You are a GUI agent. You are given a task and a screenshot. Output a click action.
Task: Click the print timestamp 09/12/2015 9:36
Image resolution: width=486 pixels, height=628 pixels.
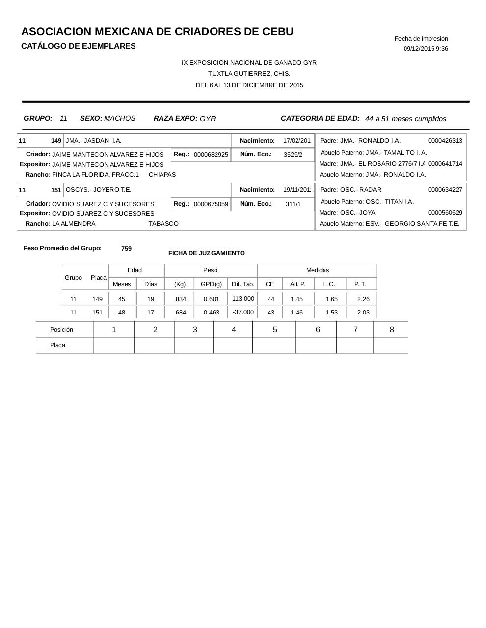point(426,49)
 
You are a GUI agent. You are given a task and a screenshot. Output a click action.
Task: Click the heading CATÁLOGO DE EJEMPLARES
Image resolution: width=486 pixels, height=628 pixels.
point(79,46)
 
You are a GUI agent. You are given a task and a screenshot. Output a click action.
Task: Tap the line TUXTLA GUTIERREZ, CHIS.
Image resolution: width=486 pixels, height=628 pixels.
point(249,74)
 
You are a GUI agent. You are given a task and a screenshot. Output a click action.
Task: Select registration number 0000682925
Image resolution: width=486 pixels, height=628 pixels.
point(211,155)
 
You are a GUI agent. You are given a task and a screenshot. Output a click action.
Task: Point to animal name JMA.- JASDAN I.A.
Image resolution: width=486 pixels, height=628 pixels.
point(93,141)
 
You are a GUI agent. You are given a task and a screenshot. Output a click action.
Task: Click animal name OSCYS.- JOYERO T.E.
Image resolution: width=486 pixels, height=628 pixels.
point(98,190)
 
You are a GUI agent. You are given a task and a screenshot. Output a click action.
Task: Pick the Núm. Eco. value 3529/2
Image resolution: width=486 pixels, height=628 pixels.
point(293,155)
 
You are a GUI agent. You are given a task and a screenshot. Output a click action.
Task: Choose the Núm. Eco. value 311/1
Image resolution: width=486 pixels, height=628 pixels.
point(293,204)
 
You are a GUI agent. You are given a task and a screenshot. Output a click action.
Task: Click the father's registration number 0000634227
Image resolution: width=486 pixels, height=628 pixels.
point(445,190)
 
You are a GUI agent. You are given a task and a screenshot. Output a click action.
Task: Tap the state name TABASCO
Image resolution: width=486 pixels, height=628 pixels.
point(163,224)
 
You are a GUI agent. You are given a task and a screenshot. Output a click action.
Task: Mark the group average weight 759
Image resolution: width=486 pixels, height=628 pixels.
point(126,249)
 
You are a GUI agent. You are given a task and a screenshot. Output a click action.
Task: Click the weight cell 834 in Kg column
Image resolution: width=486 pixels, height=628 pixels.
point(181,299)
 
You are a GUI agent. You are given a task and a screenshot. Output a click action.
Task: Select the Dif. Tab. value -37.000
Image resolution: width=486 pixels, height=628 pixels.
point(243,312)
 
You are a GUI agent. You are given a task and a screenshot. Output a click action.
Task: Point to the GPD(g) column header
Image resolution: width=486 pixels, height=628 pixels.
point(211,284)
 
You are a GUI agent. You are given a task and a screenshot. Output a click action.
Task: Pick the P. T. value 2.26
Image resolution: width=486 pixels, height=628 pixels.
point(363,299)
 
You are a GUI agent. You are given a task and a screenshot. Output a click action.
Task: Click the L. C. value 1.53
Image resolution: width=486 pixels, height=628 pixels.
point(332,313)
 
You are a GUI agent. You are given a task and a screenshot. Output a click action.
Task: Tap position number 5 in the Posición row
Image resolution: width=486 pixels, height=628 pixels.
point(275,330)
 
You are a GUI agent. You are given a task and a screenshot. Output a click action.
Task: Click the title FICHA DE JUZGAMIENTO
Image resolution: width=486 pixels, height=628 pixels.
point(206,253)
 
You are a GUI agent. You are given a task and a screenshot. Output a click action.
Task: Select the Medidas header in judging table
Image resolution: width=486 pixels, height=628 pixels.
point(318,270)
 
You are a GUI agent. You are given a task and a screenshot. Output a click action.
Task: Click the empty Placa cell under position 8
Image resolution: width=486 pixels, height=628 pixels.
point(391,345)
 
